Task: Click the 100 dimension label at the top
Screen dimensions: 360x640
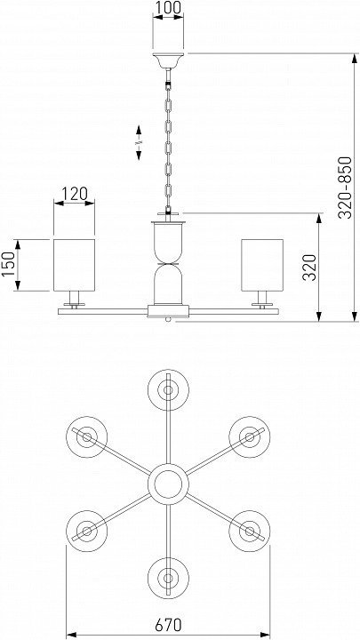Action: tap(168, 7)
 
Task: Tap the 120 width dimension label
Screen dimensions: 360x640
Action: tap(75, 193)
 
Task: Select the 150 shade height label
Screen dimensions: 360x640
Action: tap(8, 265)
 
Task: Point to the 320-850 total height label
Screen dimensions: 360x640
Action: tap(345, 188)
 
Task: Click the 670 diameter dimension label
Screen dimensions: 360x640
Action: tap(168, 625)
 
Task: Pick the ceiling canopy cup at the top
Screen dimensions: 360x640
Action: tap(168, 60)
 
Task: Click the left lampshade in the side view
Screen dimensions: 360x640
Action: tap(75, 265)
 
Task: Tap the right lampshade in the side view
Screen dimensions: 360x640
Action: tap(262, 265)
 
